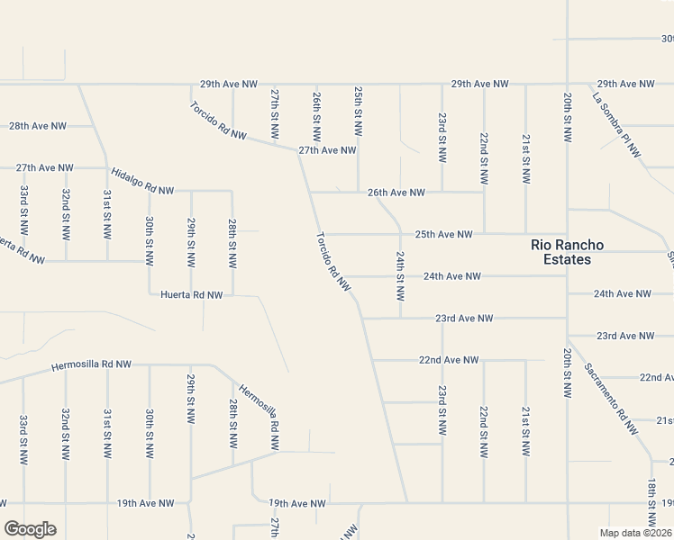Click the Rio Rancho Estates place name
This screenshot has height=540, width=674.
[x=567, y=252]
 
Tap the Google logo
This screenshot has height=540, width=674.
[x=30, y=529]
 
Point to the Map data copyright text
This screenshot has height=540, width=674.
[x=636, y=533]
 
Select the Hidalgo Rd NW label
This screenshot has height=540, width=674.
[x=142, y=181]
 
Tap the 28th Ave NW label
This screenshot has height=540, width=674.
[x=38, y=126]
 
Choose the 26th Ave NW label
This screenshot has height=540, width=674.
[x=396, y=193]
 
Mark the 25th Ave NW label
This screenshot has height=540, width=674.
[x=443, y=234]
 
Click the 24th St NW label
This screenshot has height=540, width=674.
[x=400, y=276]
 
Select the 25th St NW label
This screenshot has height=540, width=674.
[x=359, y=114]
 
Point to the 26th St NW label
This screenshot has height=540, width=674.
[x=316, y=115]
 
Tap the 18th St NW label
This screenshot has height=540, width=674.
[x=651, y=502]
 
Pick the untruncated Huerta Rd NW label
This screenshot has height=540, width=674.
[x=191, y=294]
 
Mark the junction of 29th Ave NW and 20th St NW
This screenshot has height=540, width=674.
[x=567, y=85]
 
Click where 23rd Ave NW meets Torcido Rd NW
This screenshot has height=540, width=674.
[x=362, y=318]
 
